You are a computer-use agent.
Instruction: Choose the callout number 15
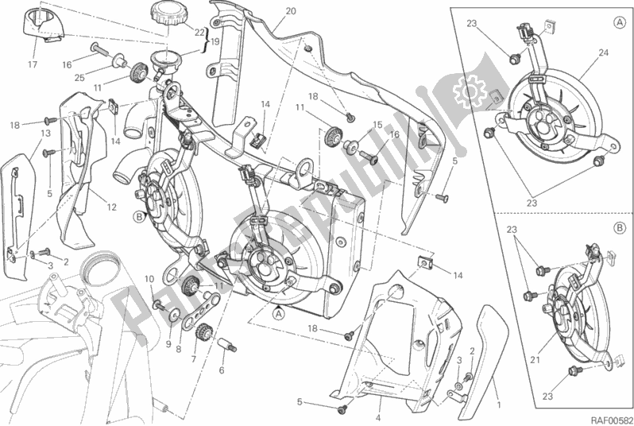click(378, 124)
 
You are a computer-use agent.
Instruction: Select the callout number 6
click(221, 370)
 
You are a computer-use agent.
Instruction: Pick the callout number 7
click(193, 358)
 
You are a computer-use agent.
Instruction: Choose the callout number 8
click(179, 347)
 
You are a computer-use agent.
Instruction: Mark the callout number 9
click(167, 343)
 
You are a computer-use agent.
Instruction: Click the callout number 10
click(149, 278)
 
